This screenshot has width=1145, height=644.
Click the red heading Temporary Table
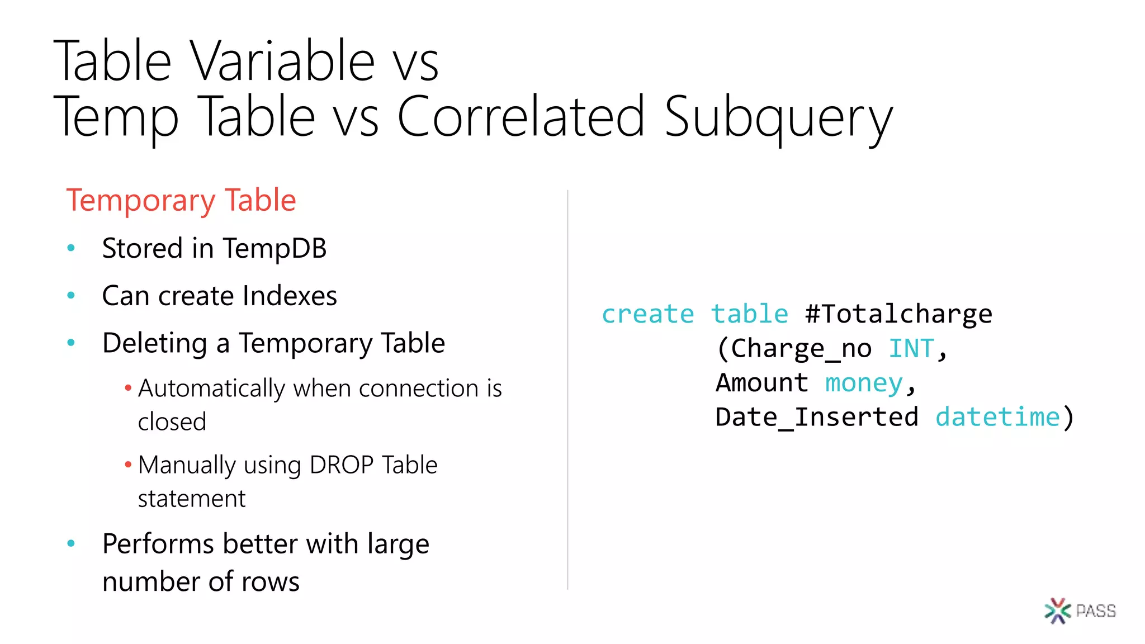181,200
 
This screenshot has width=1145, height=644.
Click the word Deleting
154,343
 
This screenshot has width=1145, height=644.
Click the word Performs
158,544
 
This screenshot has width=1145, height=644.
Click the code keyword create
647,314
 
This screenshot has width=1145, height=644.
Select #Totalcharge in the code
898,314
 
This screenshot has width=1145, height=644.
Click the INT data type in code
911,349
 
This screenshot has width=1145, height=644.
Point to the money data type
864,383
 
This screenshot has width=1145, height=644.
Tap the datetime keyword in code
997,418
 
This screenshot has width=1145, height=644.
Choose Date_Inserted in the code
817,418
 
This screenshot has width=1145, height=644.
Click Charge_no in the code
801,349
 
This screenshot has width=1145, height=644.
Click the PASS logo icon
1057,610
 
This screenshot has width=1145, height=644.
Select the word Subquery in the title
778,117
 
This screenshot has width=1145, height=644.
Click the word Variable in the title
282,61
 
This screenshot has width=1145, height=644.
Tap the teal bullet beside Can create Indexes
71,295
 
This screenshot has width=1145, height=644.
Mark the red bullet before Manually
128,465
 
